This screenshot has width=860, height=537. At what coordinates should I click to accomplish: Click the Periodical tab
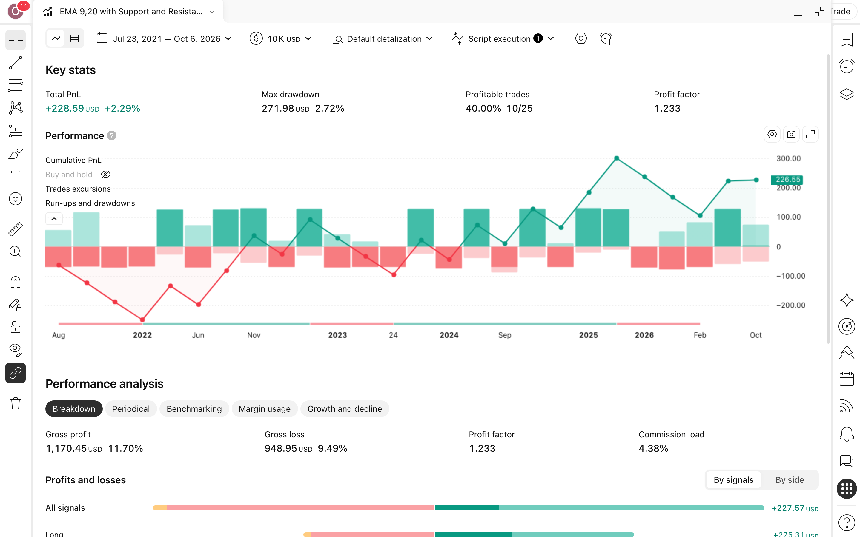point(131,409)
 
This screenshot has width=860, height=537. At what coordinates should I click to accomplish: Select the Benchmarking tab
point(194,409)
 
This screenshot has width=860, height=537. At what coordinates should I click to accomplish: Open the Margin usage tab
point(264,409)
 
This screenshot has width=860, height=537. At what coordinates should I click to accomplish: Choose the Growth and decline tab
point(344,409)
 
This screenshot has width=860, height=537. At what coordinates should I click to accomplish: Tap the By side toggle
point(789,480)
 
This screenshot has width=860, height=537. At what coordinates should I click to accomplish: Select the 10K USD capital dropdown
point(281,39)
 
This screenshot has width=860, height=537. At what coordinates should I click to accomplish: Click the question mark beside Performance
point(112,136)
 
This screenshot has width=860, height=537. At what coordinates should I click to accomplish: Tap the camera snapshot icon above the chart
point(791,135)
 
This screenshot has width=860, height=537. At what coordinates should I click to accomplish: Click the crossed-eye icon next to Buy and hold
point(105,175)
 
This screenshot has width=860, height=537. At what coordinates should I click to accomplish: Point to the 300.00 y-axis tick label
point(789,158)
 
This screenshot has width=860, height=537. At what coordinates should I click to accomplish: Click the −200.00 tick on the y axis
point(791,305)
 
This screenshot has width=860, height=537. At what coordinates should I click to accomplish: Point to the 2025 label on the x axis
point(589,335)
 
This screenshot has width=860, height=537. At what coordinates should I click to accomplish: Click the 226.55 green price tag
point(787,180)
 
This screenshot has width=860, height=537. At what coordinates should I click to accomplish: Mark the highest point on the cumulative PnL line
point(617,158)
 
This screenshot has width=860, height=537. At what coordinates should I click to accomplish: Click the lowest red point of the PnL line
point(142,320)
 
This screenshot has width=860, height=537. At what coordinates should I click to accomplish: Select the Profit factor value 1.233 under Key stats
point(667,108)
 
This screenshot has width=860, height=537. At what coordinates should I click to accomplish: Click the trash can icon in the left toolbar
point(16,403)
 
